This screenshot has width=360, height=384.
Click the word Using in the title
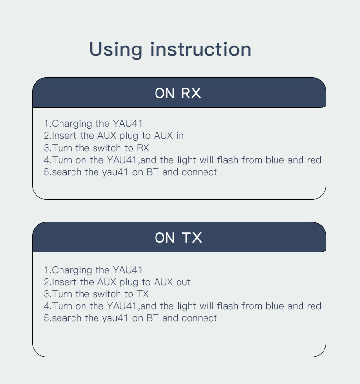(x=115, y=50)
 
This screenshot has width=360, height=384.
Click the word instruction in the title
(x=201, y=49)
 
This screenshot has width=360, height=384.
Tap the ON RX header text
(x=178, y=93)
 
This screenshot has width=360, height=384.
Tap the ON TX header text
(x=178, y=238)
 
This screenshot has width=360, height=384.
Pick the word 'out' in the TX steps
(x=183, y=282)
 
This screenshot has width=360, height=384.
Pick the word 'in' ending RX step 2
(x=180, y=136)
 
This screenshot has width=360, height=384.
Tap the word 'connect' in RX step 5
(x=199, y=172)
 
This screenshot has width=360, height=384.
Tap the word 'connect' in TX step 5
(x=199, y=318)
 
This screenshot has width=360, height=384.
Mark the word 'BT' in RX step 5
(x=152, y=172)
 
